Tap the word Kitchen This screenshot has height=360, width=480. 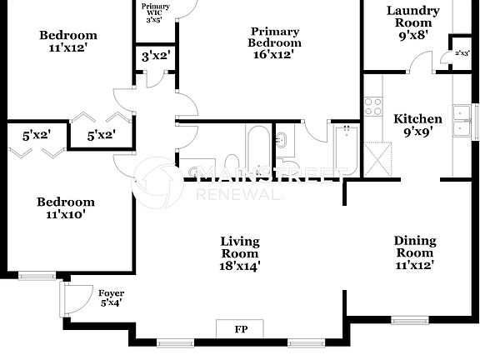point(417,118)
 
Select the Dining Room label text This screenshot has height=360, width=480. point(414,247)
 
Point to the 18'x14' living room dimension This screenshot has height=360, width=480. point(240,267)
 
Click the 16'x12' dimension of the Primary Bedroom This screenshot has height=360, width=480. point(274,54)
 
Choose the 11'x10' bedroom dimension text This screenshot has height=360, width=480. point(66,214)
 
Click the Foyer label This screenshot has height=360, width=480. point(111,293)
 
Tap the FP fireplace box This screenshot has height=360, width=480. point(240,329)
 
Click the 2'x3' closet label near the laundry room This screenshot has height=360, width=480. point(461,53)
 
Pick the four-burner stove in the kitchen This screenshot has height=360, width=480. point(372,107)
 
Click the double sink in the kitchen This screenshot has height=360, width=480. point(460,120)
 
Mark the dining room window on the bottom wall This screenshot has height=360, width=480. point(409,320)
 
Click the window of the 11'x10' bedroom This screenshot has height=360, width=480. point(37,275)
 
